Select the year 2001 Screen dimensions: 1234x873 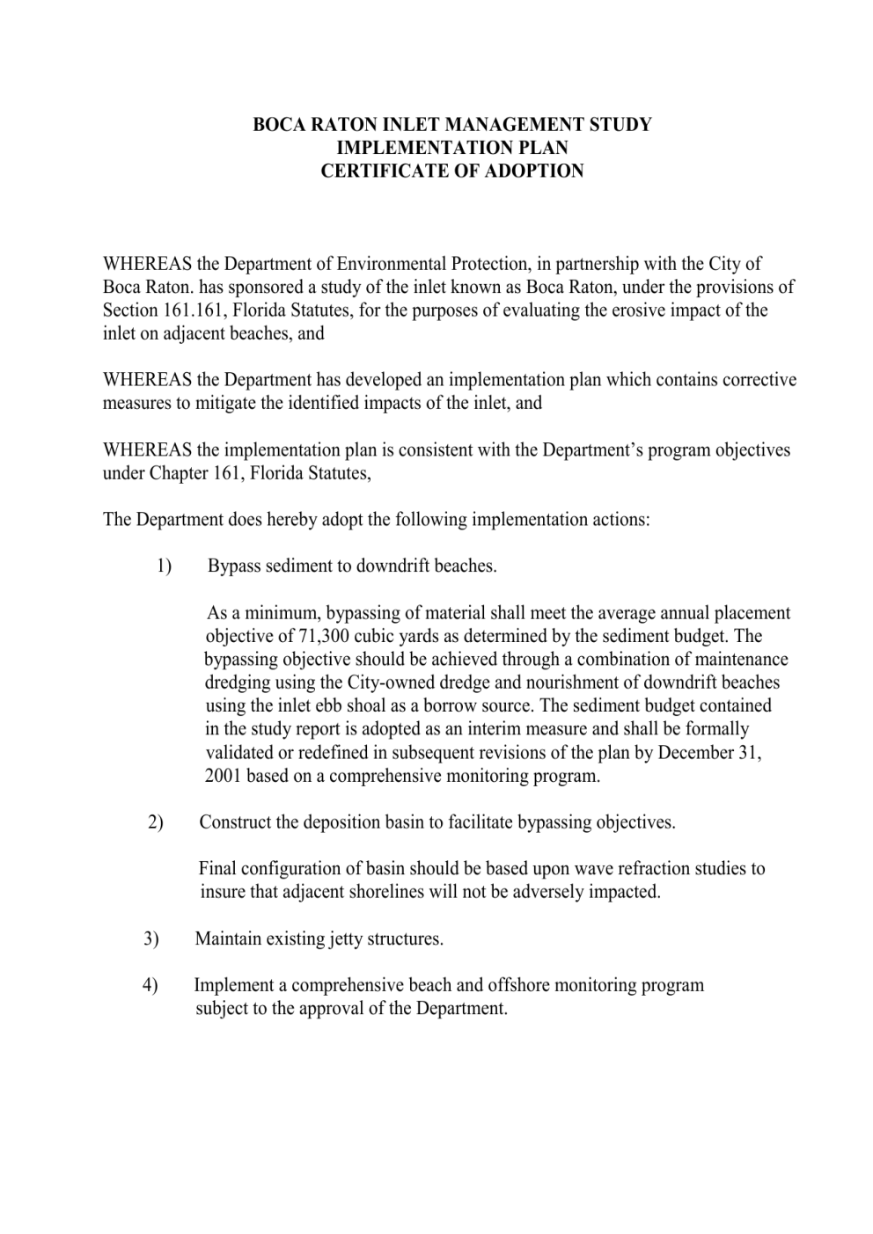224,776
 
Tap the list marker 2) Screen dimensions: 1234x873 156,822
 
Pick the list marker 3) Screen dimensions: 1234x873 151,938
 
